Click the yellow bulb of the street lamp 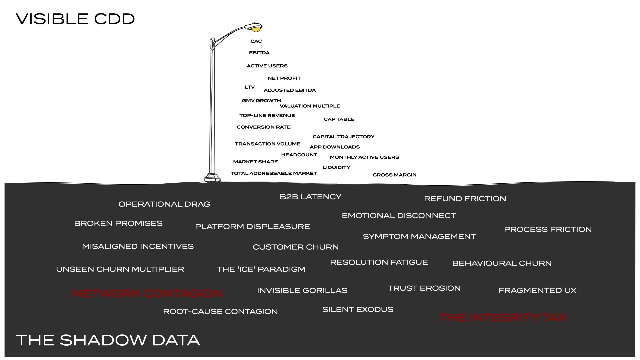(256, 30)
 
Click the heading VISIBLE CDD (75, 19)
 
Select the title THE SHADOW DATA (108, 340)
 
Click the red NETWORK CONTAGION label (148, 293)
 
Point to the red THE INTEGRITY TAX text (503, 317)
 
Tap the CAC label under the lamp (256, 41)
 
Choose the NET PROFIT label (284, 78)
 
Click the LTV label (250, 87)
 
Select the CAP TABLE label (339, 119)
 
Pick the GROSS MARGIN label (394, 175)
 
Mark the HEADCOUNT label (299, 155)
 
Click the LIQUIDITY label (336, 168)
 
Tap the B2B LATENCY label (310, 197)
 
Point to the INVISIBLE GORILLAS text (302, 291)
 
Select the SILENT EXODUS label (358, 310)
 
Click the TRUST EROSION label (424, 288)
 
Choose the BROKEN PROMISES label (118, 223)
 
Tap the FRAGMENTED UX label (537, 291)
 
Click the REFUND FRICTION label (465, 199)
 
